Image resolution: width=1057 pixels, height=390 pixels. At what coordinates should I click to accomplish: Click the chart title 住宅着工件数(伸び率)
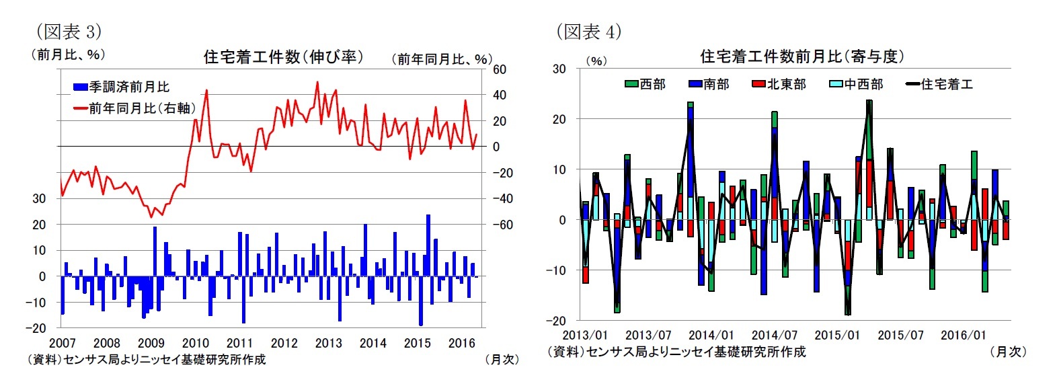(283, 57)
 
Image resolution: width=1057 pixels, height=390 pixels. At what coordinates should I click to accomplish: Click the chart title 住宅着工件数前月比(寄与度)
(801, 56)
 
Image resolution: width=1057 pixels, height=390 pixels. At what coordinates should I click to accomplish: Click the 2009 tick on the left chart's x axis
(151, 343)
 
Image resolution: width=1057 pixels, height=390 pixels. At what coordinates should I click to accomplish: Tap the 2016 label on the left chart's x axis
(462, 343)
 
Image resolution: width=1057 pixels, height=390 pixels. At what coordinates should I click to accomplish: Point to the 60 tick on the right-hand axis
(500, 69)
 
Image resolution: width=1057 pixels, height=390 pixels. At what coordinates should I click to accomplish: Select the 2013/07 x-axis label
(648, 335)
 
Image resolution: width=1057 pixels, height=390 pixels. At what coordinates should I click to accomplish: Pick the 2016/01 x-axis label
(964, 335)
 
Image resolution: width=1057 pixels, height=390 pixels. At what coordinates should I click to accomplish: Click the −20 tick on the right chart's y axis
(559, 321)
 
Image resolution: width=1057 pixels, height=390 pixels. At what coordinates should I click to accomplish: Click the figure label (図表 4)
(588, 32)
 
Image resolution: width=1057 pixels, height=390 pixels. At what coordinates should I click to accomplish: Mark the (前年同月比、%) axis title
(441, 60)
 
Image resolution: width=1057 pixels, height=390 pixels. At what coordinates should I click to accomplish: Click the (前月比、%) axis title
(67, 54)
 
